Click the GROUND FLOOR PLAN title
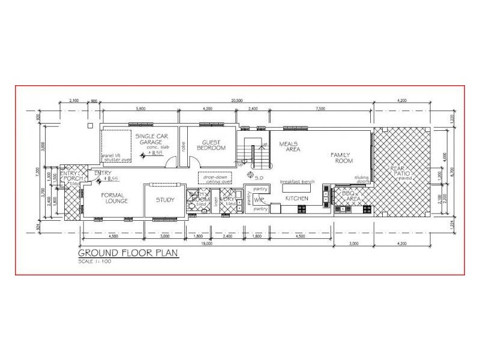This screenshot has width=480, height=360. (x=129, y=253)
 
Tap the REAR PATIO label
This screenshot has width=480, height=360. (x=400, y=173)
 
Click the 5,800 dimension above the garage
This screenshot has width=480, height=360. (x=142, y=109)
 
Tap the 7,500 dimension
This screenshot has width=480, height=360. (x=320, y=109)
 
